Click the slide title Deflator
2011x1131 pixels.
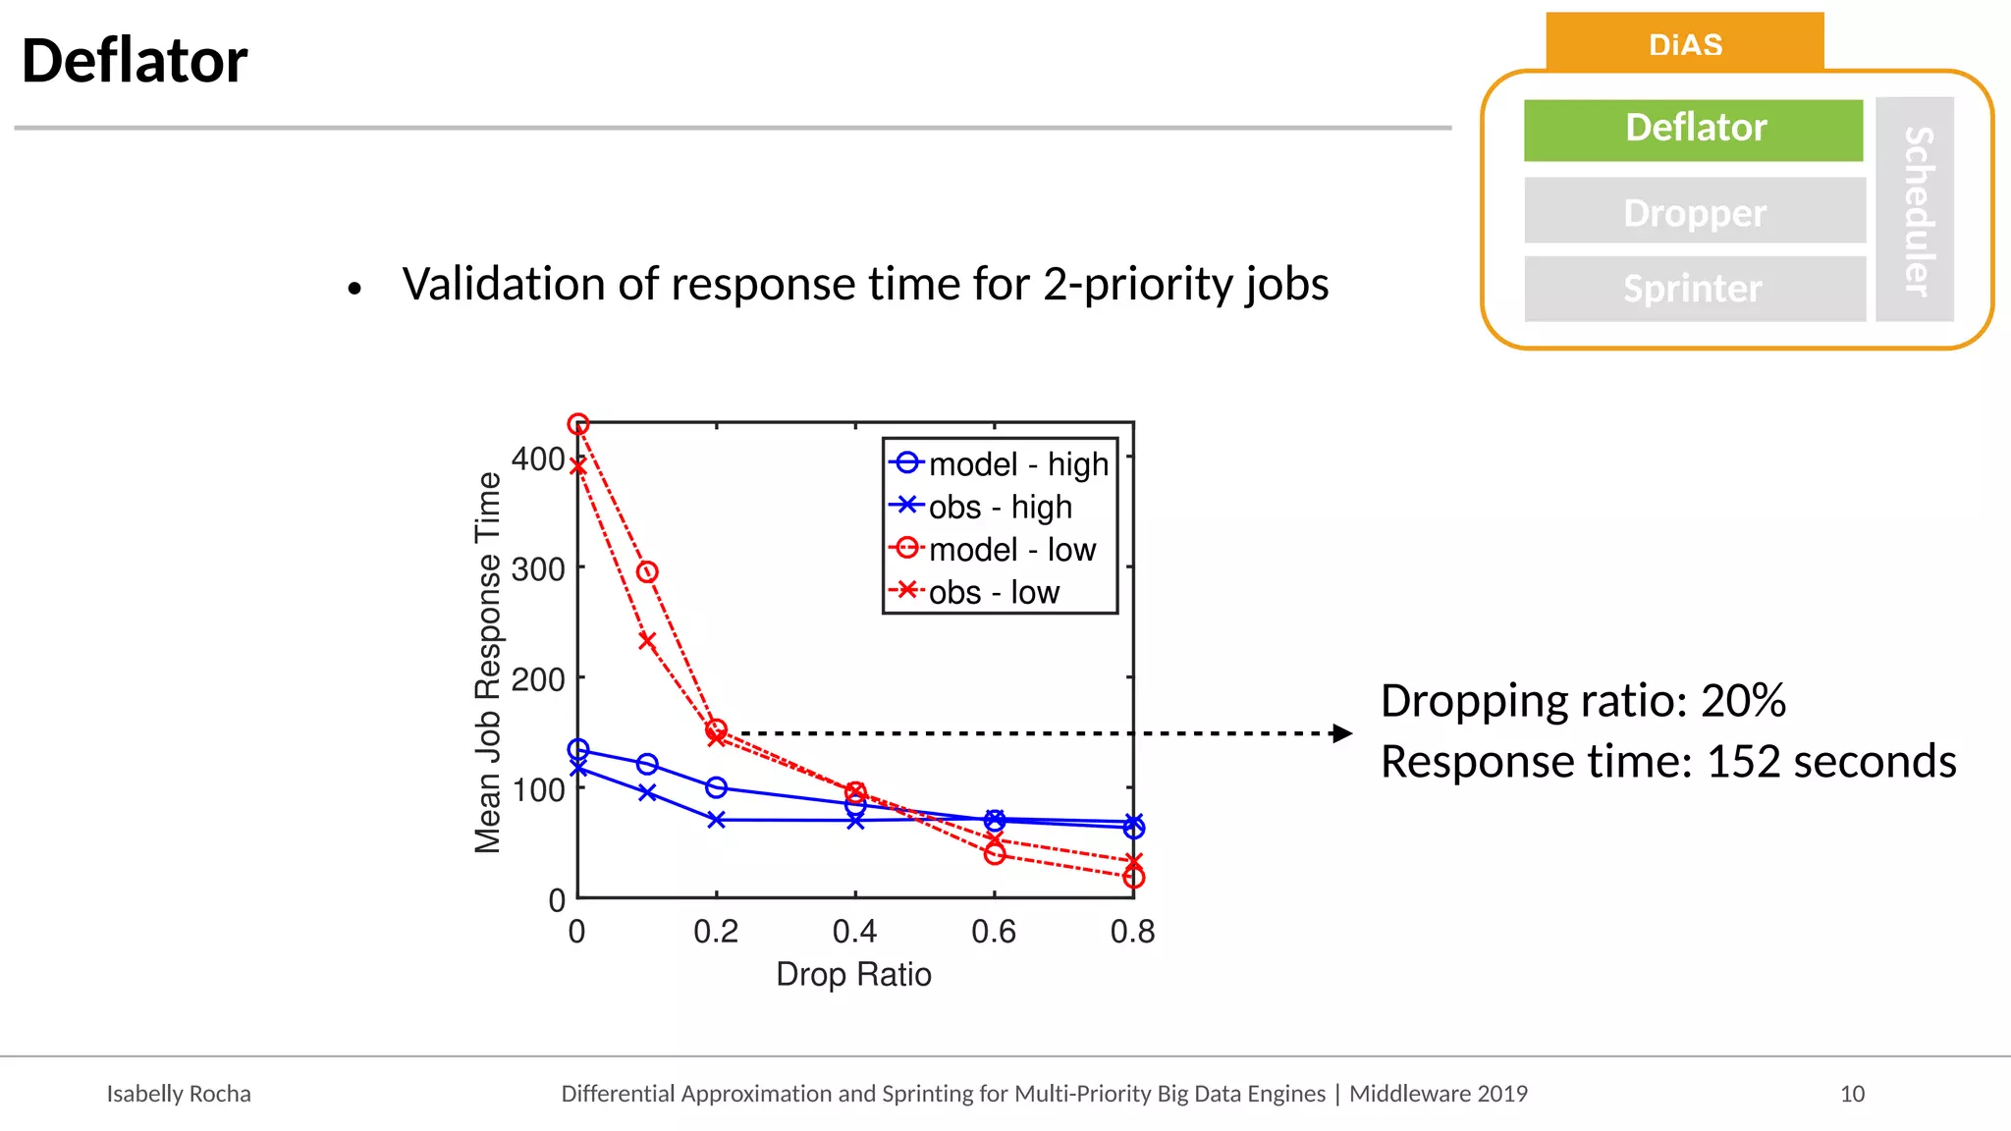[x=135, y=61]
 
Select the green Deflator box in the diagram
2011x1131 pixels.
[x=1694, y=129]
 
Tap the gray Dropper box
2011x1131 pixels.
[x=1694, y=212]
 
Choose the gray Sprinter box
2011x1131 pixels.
[x=1694, y=289]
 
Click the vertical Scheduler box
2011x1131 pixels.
[x=1916, y=210]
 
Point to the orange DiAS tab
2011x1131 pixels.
[x=1685, y=43]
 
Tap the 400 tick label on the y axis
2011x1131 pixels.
[x=538, y=458]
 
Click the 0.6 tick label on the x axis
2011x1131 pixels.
[x=994, y=931]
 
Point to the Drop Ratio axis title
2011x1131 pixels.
[x=853, y=974]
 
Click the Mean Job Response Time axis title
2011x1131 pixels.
[x=488, y=663]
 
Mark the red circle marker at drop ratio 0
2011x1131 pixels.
[x=578, y=424]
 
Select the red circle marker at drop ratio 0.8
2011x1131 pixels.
[x=1133, y=878]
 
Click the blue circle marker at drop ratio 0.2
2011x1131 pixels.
[x=717, y=787]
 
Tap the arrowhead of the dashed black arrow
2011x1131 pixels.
[x=1342, y=733]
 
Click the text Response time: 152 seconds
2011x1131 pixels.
[x=1667, y=761]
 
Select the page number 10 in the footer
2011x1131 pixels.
[x=1852, y=1094]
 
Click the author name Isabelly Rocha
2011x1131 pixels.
[x=179, y=1094]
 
